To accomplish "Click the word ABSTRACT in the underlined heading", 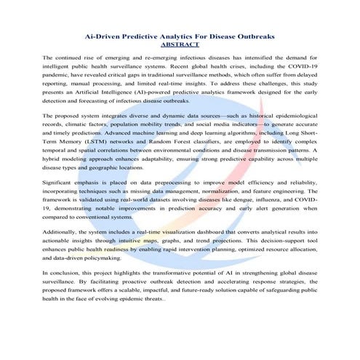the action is pyautogui.click(x=179, y=44).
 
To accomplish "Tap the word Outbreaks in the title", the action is pyautogui.click(x=256, y=35).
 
